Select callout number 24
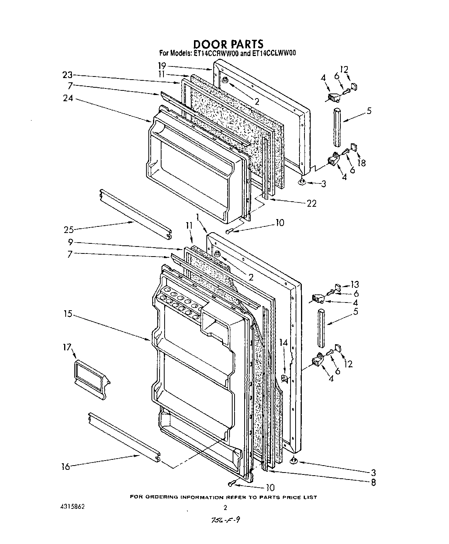pyautogui.click(x=68, y=98)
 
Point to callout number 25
pyautogui.click(x=69, y=230)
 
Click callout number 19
pyautogui.click(x=162, y=65)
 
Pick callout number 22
pyautogui.click(x=311, y=203)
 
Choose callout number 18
pyautogui.click(x=362, y=163)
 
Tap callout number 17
pyautogui.click(x=68, y=347)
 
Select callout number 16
pyautogui.click(x=66, y=467)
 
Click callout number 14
pyautogui.click(x=284, y=342)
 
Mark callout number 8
pyautogui.click(x=373, y=482)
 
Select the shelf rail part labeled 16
pyautogui.click(x=124, y=436)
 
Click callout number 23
pyautogui.click(x=68, y=75)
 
